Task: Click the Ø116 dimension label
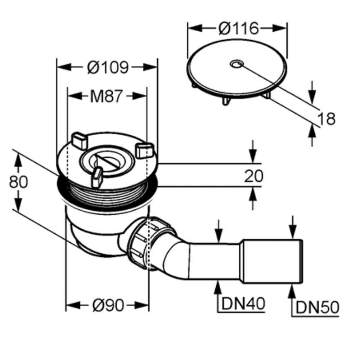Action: pyautogui.click(x=238, y=28)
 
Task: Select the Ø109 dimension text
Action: pyautogui.click(x=108, y=67)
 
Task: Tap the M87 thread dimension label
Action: pyautogui.click(x=106, y=96)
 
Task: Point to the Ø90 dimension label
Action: pyautogui.click(x=108, y=306)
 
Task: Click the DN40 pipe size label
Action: pyautogui.click(x=243, y=304)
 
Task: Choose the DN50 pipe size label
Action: pyautogui.click(x=317, y=307)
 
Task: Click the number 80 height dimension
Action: pyautogui.click(x=18, y=182)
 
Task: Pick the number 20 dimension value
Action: pyautogui.click(x=254, y=176)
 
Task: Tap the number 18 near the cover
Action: pyautogui.click(x=327, y=119)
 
